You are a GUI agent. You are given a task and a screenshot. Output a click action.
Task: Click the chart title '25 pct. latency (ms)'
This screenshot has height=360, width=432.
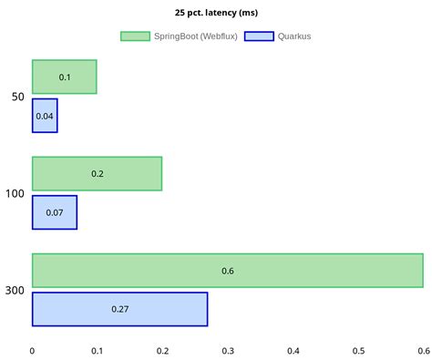[216, 14]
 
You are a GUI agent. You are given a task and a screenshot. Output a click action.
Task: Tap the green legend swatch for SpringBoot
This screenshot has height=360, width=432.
[134, 36]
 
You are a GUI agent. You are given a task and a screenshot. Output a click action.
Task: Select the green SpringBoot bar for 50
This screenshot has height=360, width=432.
[65, 77]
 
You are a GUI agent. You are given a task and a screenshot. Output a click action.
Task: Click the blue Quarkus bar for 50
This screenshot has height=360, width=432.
[45, 116]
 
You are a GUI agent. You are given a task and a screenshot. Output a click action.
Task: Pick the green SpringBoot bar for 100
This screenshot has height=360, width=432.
[97, 173]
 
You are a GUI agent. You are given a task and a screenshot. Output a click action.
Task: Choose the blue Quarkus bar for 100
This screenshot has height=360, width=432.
[55, 212]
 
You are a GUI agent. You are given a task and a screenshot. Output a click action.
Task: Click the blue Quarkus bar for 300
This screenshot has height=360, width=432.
[119, 309]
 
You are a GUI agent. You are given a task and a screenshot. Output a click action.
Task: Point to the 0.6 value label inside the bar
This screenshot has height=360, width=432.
[228, 271]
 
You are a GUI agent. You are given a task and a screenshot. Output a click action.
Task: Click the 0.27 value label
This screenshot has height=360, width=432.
[119, 309]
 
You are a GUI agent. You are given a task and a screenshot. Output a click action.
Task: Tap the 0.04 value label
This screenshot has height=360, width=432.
[45, 116]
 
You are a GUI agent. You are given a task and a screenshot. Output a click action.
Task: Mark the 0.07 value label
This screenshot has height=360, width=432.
[55, 212]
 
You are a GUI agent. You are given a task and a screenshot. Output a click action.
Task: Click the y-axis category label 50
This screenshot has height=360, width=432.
[18, 97]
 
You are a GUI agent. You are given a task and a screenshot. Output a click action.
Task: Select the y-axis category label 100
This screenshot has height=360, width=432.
[15, 193]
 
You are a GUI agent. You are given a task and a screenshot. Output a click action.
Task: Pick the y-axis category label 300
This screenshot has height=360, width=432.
[15, 290]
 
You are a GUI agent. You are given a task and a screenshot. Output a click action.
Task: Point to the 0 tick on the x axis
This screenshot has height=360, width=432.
[33, 349]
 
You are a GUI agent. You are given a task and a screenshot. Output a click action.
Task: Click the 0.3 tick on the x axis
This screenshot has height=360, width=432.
[228, 349]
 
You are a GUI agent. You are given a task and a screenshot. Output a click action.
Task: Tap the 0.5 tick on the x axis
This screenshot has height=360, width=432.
[358, 349]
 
